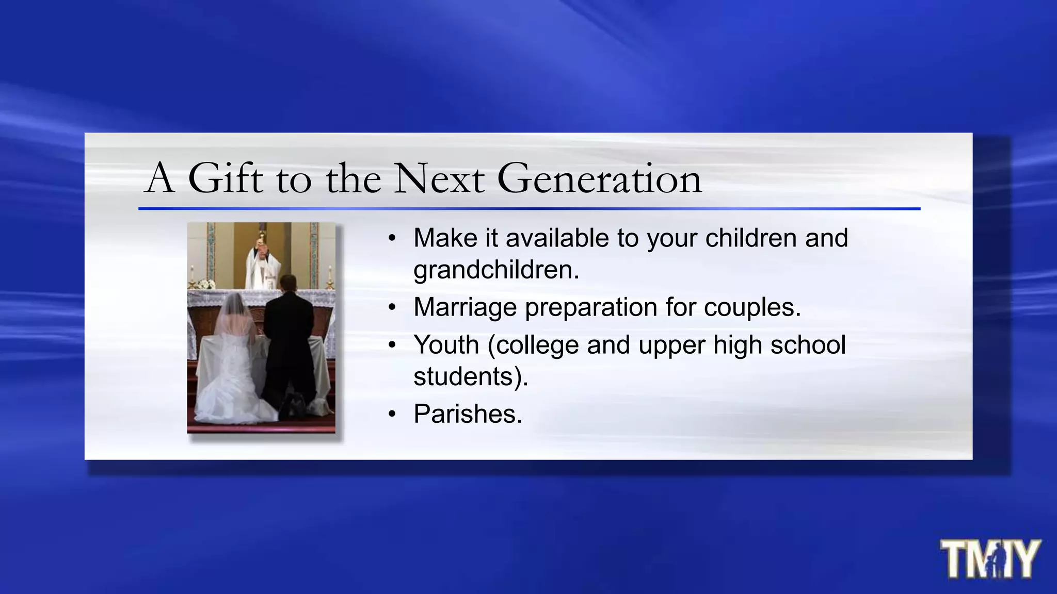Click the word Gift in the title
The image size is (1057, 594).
(226, 178)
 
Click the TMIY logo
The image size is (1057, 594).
(989, 559)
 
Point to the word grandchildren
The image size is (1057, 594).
(496, 270)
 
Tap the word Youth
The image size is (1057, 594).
(446, 344)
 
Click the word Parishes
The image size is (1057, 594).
(468, 414)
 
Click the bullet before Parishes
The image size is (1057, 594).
(392, 414)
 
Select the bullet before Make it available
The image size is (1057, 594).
(392, 238)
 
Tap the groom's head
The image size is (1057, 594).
(288, 283)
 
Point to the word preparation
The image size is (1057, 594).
(591, 307)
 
